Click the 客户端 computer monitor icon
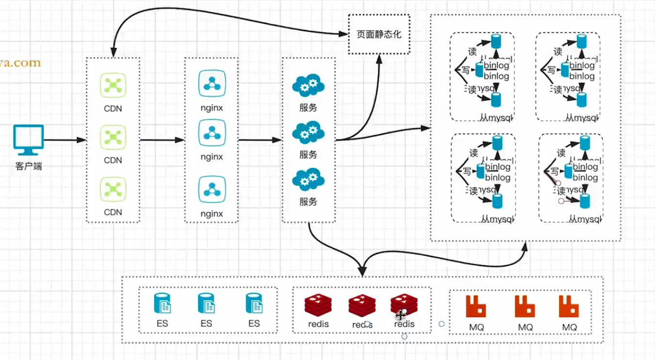pos(29,140)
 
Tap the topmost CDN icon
pos(113,86)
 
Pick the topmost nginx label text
pos(212,108)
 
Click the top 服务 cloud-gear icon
pos(308,86)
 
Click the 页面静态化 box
pos(379,34)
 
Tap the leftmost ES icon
pos(162,303)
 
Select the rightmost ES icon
pos(254,303)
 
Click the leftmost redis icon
pos(318,305)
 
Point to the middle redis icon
pos(361,305)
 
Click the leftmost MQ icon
pos(476,306)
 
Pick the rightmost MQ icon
pos(569,306)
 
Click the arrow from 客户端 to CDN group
pos(65,140)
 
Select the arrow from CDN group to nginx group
pos(162,140)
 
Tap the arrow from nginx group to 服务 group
pos(260,140)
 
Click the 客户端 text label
pos(29,166)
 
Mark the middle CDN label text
pos(113,160)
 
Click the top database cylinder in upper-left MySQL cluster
pos(496,41)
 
